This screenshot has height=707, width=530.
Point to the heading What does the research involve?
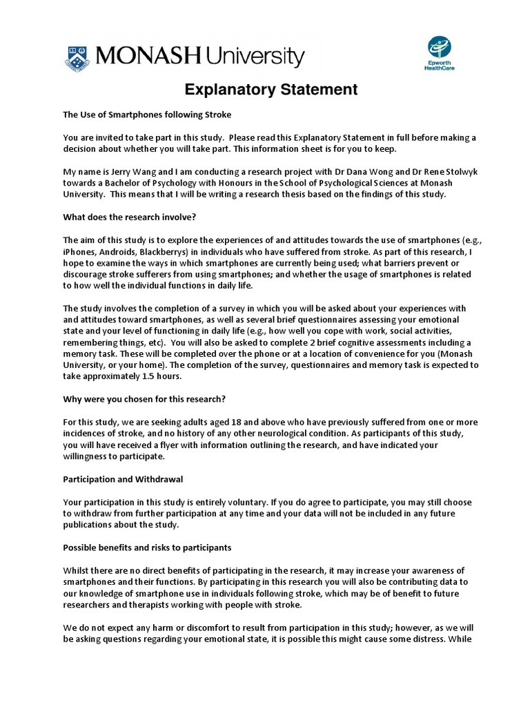tap(130, 217)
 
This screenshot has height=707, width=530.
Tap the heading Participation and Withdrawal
tap(123, 478)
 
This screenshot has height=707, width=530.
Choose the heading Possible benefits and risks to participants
tap(147, 547)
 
